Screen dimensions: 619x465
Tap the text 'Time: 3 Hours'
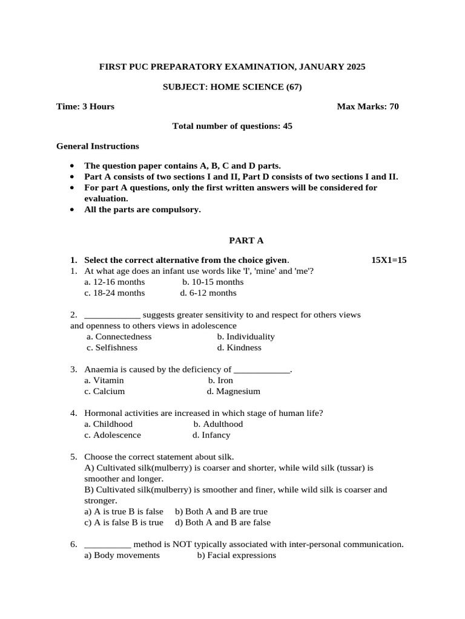pos(85,106)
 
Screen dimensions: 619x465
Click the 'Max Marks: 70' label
pos(368,106)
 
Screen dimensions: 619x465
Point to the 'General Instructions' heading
pos(97,146)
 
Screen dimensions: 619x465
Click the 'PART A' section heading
pos(232,240)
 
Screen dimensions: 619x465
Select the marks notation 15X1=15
pos(389,260)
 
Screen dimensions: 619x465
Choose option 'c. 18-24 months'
pos(114,293)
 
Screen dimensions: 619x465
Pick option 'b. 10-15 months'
pos(213,282)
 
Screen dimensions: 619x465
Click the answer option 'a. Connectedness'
pos(119,336)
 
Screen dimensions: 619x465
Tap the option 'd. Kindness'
pos(239,348)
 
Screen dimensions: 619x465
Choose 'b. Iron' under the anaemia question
pos(220,380)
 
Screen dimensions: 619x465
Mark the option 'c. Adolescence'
pos(113,435)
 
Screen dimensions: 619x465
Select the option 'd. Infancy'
pos(211,435)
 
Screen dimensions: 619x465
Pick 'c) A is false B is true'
pos(124,522)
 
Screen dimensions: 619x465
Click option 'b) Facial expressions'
pos(236,555)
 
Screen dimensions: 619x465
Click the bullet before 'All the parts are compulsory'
pos(72,210)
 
